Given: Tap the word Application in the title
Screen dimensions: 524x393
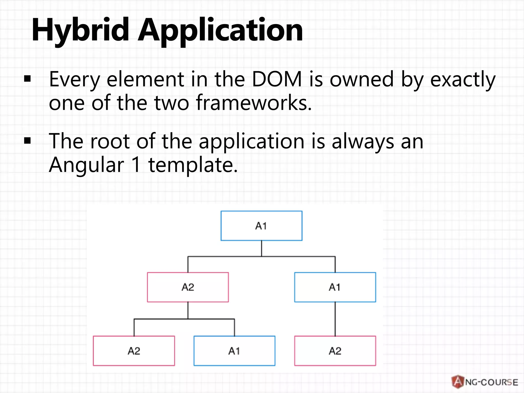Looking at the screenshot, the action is [220, 30].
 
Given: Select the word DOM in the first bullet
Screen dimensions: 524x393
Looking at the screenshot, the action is [277, 79].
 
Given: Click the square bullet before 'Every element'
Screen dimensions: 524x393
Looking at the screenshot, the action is [27, 79].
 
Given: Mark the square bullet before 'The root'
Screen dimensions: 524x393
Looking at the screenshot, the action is [27, 141].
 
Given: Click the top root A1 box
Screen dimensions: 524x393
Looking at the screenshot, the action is [261, 226].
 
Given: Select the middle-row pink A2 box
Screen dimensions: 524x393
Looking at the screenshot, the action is [188, 287].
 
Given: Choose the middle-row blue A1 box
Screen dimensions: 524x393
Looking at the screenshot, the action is [335, 287].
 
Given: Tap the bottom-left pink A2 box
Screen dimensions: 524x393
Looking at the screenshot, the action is [134, 351].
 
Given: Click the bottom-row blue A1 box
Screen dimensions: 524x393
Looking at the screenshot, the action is [234, 351].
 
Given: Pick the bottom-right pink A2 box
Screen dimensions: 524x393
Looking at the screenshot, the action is [335, 351].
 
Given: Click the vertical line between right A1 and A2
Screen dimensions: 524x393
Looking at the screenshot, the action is [335, 319].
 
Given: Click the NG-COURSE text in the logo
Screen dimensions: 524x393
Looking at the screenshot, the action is [491, 382].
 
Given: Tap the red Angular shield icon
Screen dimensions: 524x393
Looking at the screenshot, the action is [457, 382].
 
